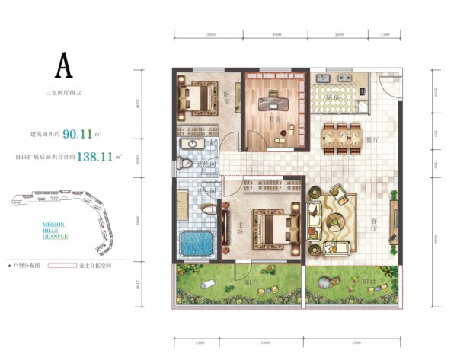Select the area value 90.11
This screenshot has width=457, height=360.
(x=78, y=134)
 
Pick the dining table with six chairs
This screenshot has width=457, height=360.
(x=340, y=136)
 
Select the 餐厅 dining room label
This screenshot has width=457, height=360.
(x=372, y=140)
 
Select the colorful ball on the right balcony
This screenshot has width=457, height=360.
(x=325, y=282)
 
